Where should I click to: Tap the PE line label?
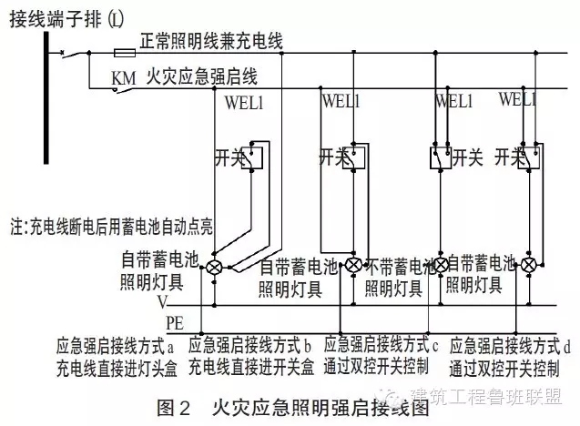(x=174, y=321)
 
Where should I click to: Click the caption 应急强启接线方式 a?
(x=115, y=346)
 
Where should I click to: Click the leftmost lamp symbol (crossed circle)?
(x=215, y=267)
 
